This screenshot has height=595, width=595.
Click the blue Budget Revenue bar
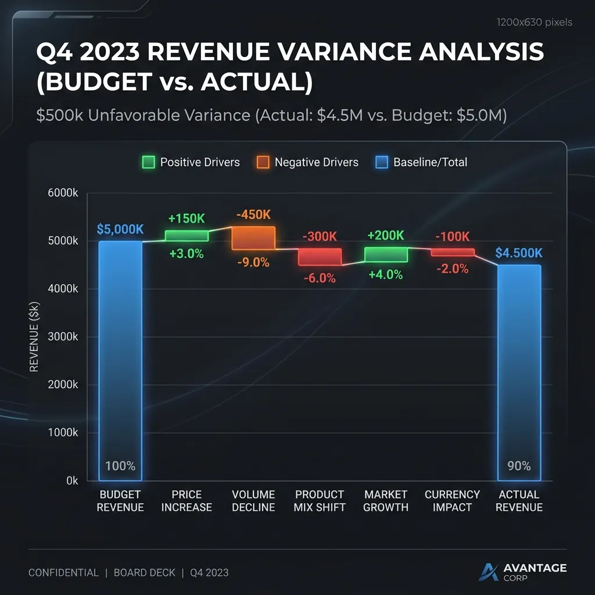click(x=120, y=360)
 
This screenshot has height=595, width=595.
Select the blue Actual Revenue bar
click(x=519, y=372)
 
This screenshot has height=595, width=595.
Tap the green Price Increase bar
click(x=187, y=236)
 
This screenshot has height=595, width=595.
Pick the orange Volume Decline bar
click(x=253, y=238)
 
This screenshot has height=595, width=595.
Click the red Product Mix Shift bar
click(x=320, y=256)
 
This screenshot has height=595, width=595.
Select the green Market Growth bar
click(x=386, y=254)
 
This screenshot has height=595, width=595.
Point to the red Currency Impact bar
click(x=452, y=252)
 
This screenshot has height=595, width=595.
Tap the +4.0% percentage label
click(x=386, y=275)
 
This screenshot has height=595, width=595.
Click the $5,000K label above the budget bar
click(x=120, y=229)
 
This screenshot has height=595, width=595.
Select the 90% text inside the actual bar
click(x=519, y=465)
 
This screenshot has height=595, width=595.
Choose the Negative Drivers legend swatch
click(x=263, y=162)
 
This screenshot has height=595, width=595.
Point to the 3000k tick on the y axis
click(x=63, y=337)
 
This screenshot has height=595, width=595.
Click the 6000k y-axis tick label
click(x=63, y=193)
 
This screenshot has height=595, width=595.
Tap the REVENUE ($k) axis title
click(x=34, y=337)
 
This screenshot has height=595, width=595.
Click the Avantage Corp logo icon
click(x=489, y=572)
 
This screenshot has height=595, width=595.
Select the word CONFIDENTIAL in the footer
click(x=63, y=572)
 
